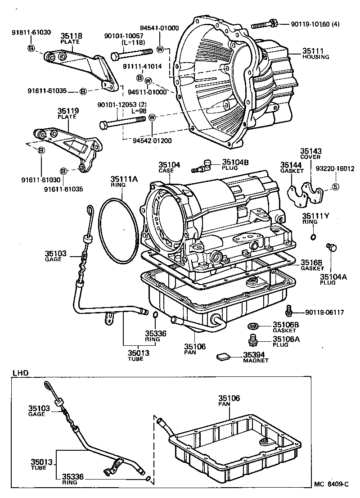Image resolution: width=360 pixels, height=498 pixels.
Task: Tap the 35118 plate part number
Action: click(x=69, y=36)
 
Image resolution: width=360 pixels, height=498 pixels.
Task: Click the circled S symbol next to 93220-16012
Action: click(x=335, y=186)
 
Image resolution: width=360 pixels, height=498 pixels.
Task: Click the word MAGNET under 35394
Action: click(x=256, y=360)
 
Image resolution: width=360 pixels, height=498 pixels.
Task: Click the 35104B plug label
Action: click(x=233, y=163)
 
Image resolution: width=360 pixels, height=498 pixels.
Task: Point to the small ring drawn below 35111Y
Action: click(x=313, y=237)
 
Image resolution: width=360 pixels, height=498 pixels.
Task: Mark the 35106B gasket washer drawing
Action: click(x=253, y=326)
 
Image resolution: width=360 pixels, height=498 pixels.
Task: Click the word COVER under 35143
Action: click(x=310, y=158)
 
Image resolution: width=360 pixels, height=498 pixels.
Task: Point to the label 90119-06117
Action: click(x=324, y=312)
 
